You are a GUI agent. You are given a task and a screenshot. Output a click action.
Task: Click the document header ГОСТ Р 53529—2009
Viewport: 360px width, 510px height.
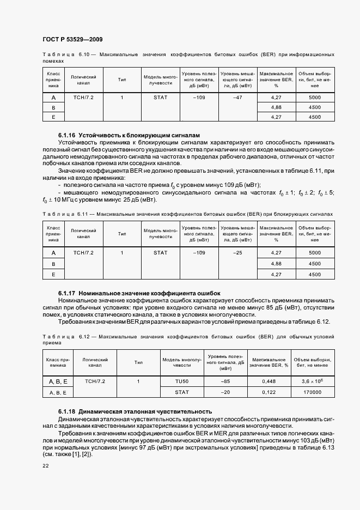tap(72, 40)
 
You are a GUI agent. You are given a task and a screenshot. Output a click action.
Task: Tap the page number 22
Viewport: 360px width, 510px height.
tap(46, 466)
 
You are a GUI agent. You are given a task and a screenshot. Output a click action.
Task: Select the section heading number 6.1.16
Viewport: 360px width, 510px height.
tap(66, 135)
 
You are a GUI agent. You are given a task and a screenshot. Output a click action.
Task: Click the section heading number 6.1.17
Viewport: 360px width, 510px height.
tap(66, 293)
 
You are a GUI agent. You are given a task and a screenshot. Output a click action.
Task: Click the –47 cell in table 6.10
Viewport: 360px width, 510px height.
tap(237, 98)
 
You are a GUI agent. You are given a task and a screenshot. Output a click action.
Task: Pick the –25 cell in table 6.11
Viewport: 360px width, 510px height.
tap(237, 253)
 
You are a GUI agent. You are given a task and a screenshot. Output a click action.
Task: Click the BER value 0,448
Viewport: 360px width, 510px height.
tap(269, 381)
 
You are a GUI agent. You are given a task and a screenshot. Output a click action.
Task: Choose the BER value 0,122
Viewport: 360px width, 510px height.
tap(269, 392)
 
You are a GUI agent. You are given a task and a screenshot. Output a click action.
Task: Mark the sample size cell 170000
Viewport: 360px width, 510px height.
tap(314, 392)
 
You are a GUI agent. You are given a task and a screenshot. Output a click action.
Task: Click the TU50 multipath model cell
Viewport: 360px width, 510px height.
tap(181, 381)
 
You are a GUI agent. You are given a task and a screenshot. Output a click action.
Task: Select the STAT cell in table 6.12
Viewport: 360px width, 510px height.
tap(181, 392)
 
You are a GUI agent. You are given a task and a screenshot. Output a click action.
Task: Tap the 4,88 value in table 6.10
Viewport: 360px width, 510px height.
tap(276, 107)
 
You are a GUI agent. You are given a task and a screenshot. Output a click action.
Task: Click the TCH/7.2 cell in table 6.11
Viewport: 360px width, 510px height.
tap(83, 253)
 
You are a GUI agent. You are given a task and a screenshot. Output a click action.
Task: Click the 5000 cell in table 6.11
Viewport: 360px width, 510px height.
tap(315, 253)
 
